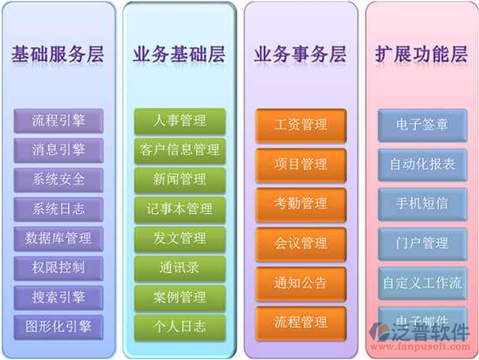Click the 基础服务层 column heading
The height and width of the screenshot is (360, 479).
(x=57, y=55)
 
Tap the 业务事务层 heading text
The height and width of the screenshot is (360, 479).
(x=301, y=55)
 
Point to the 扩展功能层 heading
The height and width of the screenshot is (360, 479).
(x=421, y=55)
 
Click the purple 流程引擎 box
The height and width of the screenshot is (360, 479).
(x=57, y=120)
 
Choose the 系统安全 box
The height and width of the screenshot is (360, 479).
(x=57, y=179)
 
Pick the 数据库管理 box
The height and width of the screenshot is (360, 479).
(x=57, y=238)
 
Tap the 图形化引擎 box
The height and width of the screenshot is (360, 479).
(x=57, y=325)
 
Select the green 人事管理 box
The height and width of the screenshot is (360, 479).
(x=179, y=120)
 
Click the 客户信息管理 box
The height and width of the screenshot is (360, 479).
(x=179, y=149)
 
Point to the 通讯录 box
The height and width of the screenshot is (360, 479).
(x=179, y=267)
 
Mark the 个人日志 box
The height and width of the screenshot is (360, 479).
(x=179, y=326)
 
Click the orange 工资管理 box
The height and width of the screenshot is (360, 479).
(x=301, y=125)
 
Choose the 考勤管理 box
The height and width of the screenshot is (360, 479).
(x=301, y=204)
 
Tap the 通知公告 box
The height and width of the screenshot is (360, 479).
(x=301, y=283)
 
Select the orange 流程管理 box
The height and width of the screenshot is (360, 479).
(x=301, y=322)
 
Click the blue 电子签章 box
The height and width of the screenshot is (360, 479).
(x=422, y=125)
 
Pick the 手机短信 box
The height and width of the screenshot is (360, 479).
(x=422, y=204)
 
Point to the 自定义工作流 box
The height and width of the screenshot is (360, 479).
(x=422, y=283)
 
